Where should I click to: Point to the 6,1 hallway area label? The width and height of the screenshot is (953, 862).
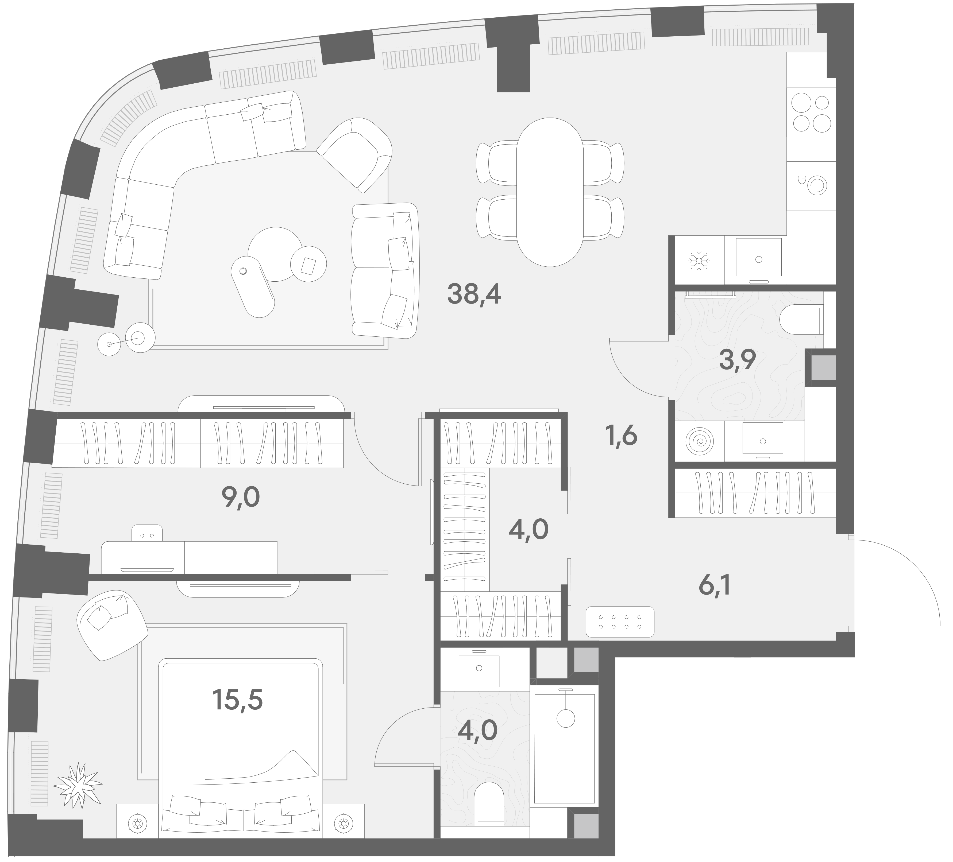click(x=714, y=587)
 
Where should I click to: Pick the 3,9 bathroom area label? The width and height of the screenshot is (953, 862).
click(x=738, y=360)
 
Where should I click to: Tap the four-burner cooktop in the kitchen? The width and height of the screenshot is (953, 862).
click(x=811, y=113)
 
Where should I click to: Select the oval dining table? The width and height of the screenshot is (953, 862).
click(x=549, y=192)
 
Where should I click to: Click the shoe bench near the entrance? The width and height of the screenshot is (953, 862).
click(x=620, y=622)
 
